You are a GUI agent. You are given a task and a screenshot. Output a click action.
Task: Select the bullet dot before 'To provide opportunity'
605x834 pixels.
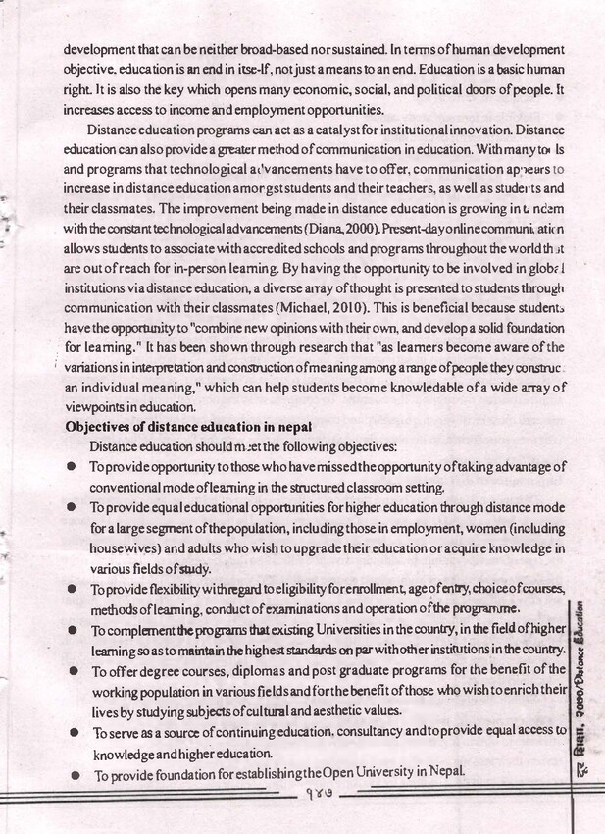pos(73,468)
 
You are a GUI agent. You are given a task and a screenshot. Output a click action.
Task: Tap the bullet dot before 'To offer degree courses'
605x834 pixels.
pos(73,670)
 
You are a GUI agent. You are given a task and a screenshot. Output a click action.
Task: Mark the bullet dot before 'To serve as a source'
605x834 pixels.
pos(73,732)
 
